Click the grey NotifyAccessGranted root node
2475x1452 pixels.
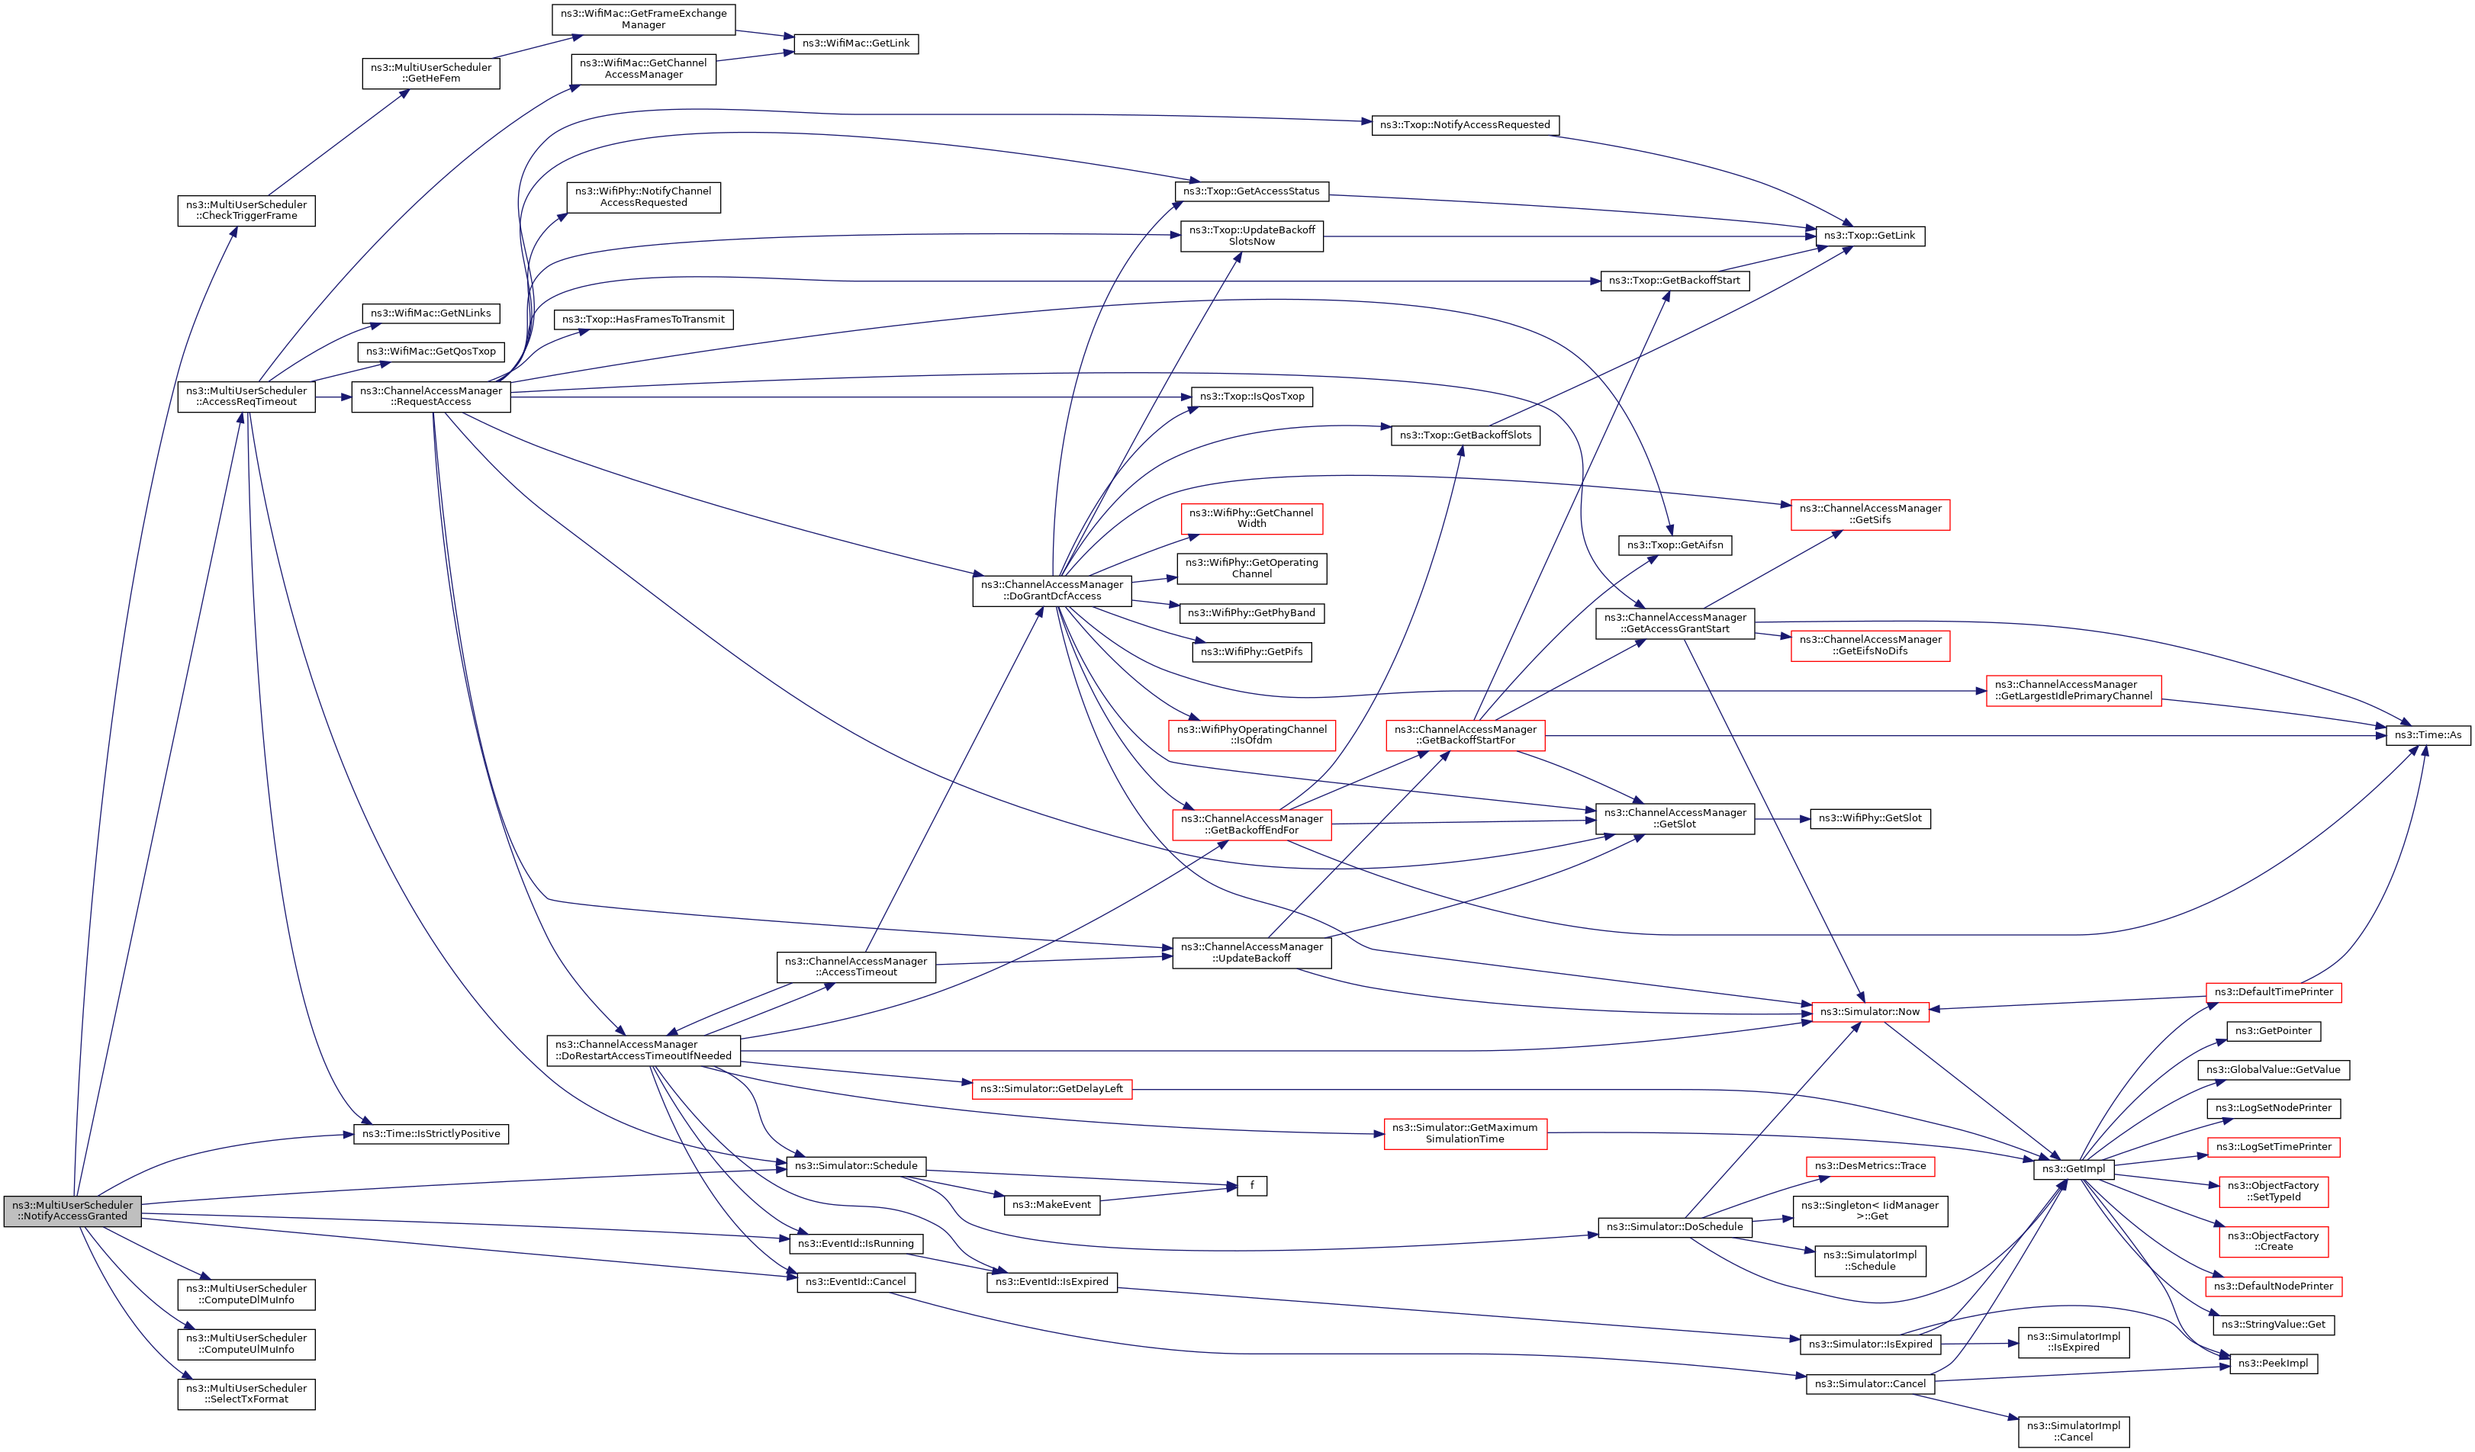[72, 1210]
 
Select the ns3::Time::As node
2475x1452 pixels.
[2428, 734]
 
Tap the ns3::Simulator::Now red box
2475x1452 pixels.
[1869, 1011]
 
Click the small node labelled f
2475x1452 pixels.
[1251, 1186]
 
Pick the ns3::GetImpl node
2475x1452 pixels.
[2073, 1169]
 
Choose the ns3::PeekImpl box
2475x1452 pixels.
[2273, 1363]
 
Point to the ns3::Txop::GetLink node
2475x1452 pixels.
[1869, 236]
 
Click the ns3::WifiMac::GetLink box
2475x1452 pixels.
[855, 43]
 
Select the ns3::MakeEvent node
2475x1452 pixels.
[1051, 1205]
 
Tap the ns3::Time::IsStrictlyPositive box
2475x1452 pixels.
[430, 1134]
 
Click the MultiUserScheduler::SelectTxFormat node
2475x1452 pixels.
[246, 1394]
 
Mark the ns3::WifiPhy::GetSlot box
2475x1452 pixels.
[1869, 818]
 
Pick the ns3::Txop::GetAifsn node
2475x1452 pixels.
[1675, 544]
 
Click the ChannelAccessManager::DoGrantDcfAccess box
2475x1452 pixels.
[1052, 590]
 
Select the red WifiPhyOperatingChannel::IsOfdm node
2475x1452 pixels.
[1251, 735]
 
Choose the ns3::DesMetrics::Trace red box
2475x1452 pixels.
[1870, 1166]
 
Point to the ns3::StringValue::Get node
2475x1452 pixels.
[2273, 1325]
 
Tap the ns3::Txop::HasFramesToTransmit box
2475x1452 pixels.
[643, 319]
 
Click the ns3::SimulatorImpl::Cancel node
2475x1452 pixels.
[2073, 1431]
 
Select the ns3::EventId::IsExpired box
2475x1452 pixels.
[1051, 1281]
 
